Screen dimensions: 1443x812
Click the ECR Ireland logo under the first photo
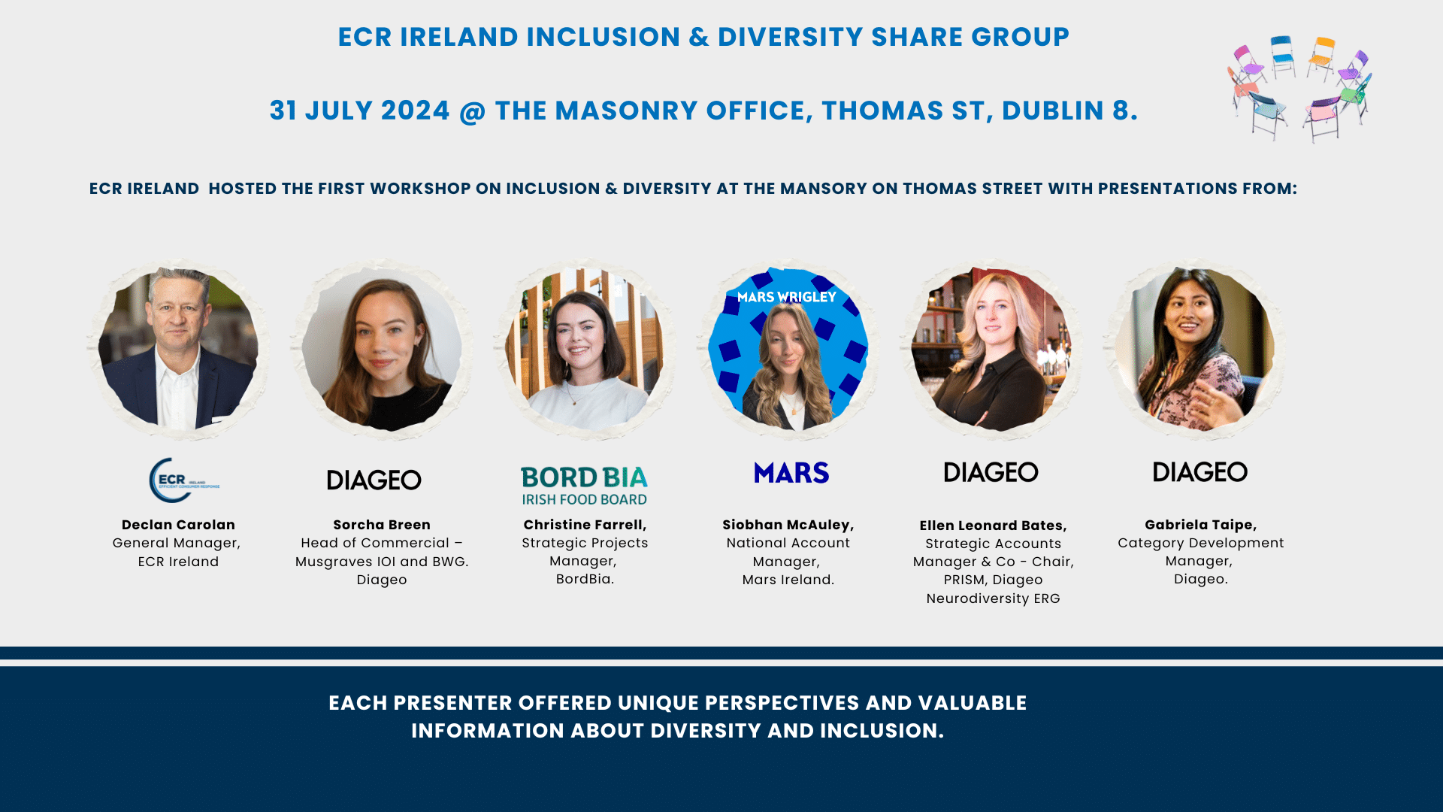[x=184, y=480]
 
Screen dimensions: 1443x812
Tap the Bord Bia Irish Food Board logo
[x=584, y=486]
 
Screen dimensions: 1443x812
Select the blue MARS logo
[x=791, y=473]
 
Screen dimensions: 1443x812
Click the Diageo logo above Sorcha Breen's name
[x=374, y=480]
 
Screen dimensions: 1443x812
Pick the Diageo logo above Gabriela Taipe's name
[x=1200, y=472]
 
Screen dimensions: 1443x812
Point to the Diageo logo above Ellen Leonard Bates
[x=991, y=472]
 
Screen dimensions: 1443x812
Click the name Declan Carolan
[x=178, y=525]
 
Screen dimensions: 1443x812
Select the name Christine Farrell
[x=585, y=525]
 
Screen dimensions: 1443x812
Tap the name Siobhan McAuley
[x=788, y=525]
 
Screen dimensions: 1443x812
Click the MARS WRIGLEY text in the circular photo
[x=787, y=297]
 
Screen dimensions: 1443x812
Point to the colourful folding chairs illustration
[x=1300, y=89]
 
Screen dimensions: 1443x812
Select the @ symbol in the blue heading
[x=473, y=111]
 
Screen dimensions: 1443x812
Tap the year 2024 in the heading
[x=416, y=111]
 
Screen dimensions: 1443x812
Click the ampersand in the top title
[x=699, y=37]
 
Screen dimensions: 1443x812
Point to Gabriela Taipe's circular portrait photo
[x=1194, y=349]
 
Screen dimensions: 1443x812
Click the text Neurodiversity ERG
[x=993, y=598]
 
